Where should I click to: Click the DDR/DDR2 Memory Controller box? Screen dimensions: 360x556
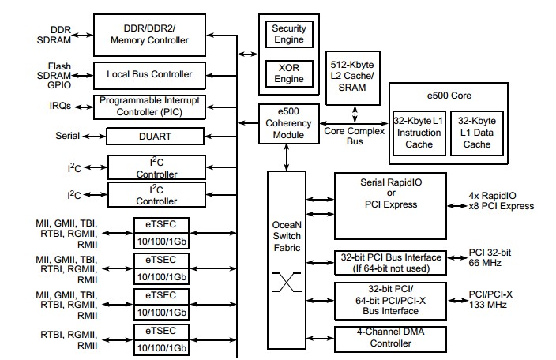click(x=150, y=35)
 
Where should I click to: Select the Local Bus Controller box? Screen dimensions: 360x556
click(x=150, y=74)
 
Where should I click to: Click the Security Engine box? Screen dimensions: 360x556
click(x=288, y=35)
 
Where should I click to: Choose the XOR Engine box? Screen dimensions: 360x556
click(x=288, y=73)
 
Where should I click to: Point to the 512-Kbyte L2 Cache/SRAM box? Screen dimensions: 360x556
click(x=351, y=77)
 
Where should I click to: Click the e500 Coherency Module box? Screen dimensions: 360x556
click(x=288, y=124)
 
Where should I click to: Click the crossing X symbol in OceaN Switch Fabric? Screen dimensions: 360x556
click(x=287, y=281)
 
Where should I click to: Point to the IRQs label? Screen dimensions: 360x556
click(x=58, y=105)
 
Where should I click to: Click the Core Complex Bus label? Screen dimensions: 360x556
click(x=355, y=136)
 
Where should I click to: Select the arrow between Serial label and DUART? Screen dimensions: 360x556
click(x=93, y=136)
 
